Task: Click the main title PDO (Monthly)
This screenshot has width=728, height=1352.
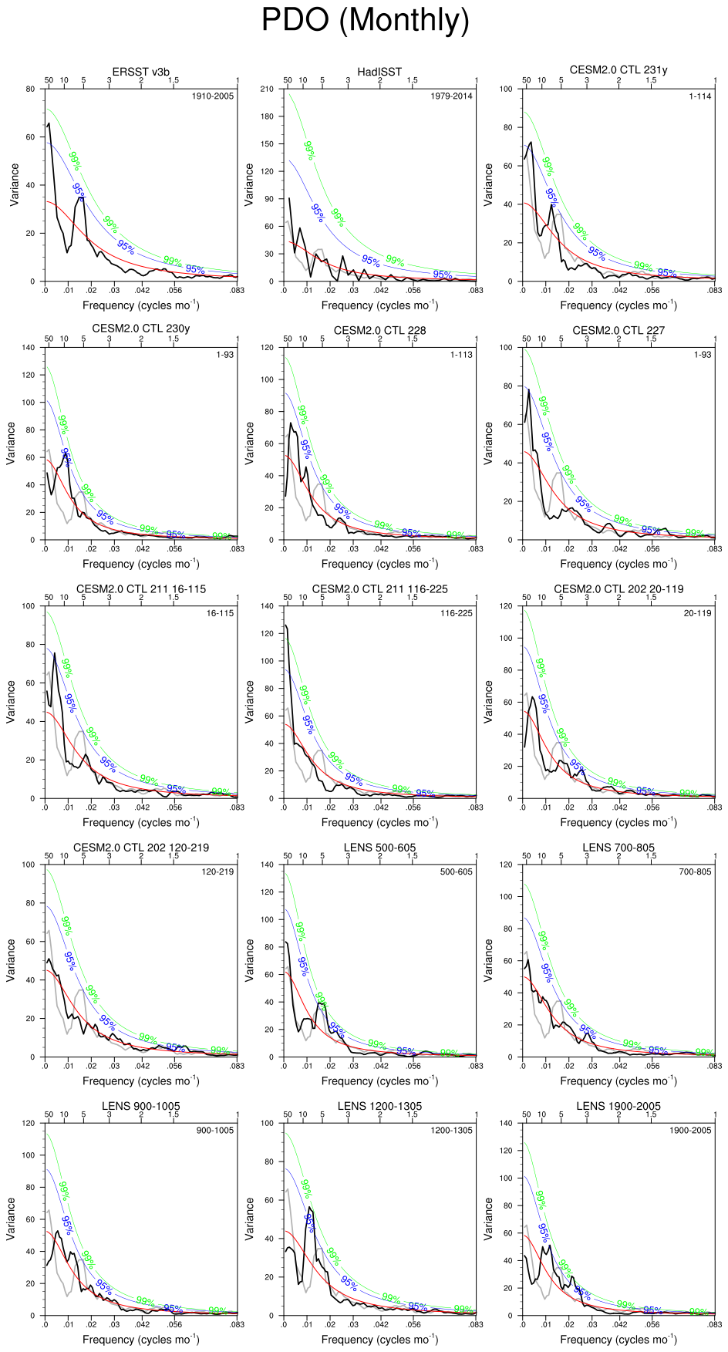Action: (365, 20)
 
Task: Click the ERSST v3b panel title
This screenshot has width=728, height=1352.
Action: (141, 72)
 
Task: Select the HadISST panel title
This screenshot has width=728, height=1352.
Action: (379, 72)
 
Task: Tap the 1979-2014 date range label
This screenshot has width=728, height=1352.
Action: (451, 96)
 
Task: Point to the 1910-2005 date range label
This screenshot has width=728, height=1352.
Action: (212, 96)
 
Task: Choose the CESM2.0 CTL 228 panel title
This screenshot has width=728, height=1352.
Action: (379, 330)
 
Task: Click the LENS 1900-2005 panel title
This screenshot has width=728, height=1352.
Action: (618, 1106)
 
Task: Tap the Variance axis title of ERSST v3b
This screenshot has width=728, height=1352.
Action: (15, 185)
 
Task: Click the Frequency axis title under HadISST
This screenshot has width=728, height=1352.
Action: (379, 305)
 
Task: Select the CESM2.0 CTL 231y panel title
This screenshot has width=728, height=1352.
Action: (618, 69)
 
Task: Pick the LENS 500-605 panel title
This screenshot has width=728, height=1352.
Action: (379, 848)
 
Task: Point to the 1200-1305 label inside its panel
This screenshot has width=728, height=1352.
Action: (451, 1131)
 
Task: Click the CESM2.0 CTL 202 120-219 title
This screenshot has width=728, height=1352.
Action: (141, 848)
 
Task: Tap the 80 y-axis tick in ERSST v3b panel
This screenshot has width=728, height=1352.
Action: (30, 89)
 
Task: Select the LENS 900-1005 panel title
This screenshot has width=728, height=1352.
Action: (141, 1106)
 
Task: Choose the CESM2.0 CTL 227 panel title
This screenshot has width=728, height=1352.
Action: (618, 330)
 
